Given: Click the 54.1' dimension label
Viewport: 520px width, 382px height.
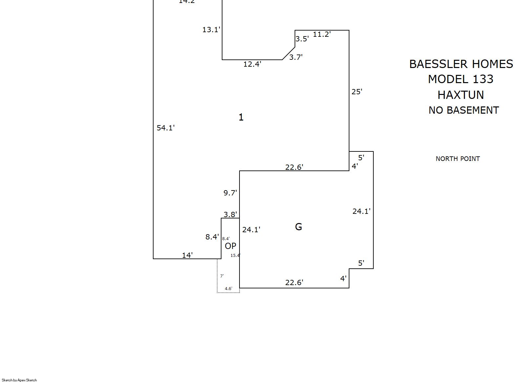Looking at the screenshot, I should coord(165,128).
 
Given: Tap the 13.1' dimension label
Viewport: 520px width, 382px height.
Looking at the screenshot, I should coord(211,30).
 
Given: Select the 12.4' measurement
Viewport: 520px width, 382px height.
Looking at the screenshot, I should coord(252,64).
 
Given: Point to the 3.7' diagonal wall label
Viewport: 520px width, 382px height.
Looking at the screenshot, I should coord(296,57).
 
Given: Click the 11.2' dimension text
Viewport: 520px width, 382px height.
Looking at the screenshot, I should coord(322,34).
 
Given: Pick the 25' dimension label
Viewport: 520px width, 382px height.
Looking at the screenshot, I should coord(357,92).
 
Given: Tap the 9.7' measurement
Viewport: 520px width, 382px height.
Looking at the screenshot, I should coord(230,193).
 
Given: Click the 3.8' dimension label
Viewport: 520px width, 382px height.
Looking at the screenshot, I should coord(230,214).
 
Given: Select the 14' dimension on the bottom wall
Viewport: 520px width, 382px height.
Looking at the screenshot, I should coord(187,255).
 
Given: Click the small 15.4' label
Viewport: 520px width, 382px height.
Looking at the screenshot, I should coord(235,255).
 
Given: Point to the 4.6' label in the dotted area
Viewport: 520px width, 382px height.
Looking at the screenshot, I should coord(228,289).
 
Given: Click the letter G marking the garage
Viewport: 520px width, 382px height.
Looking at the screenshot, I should coord(299,227).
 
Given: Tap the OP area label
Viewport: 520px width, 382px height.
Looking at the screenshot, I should coord(230,246).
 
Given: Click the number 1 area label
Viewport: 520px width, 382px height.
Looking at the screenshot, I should coord(241,117).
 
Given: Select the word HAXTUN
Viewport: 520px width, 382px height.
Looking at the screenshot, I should coord(461,95).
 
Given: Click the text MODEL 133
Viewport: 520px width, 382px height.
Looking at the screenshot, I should coord(461,79).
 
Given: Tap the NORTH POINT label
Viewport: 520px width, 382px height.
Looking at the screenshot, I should coord(458,159).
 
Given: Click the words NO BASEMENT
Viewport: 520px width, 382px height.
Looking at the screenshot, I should coord(464,110).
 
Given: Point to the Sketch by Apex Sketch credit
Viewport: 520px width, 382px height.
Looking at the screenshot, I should coord(19,380).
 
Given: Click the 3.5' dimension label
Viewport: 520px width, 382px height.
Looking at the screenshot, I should coord(302,39).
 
